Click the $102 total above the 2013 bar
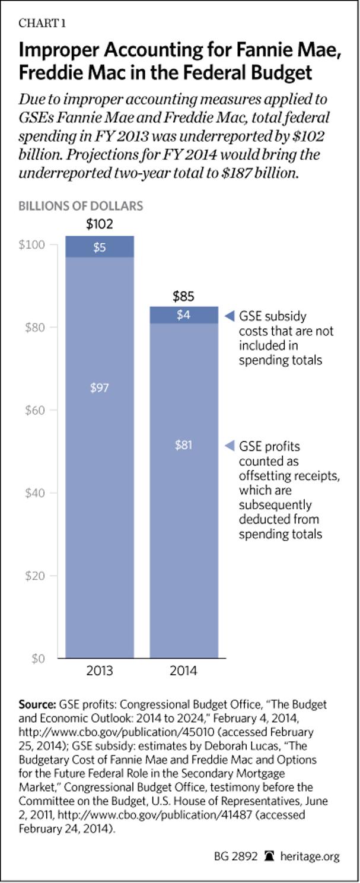coord(100,225)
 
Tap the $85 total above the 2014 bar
coord(183,296)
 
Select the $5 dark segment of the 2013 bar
coord(100,247)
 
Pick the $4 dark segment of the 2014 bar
coord(183,316)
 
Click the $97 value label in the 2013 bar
coord(100,388)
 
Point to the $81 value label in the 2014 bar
coord(183,445)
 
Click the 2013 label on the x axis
coord(100,672)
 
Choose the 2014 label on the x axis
coord(183,672)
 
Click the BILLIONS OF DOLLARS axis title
coord(81,207)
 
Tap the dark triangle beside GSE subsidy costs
coord(231,316)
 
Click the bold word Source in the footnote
coord(37,704)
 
